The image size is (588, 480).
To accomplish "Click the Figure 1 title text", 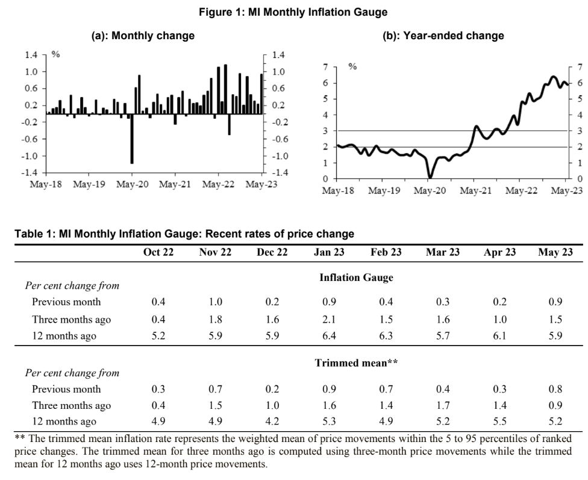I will (293, 11).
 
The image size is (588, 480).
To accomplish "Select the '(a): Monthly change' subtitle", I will (143, 36).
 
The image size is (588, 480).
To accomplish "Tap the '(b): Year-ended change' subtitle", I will (443, 36).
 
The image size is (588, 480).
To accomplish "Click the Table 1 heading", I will (184, 233).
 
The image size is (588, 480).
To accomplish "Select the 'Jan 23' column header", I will (329, 252).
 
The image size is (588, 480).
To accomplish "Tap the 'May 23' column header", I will (555, 252).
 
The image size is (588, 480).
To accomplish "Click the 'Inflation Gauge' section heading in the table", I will (356, 277).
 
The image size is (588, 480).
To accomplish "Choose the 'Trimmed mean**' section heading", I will (356, 362).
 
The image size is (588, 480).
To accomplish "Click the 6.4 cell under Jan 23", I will (329, 336).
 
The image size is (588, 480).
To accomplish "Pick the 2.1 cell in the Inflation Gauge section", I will (329, 319).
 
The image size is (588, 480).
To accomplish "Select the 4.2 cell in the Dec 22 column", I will (272, 422).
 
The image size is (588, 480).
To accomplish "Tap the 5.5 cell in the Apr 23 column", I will (499, 422).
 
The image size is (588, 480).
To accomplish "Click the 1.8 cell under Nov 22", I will (215, 319).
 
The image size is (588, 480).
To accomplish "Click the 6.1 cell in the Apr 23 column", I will (499, 336).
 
